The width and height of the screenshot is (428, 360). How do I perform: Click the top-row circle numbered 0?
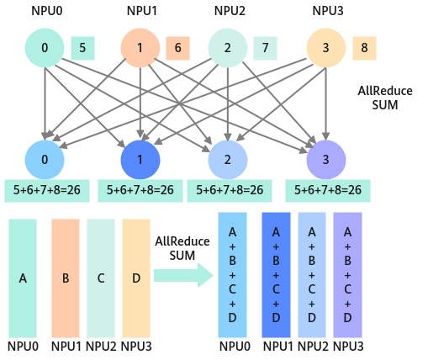45,48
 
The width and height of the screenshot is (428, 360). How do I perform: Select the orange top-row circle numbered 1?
140,48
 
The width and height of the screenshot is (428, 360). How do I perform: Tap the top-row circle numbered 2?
228,48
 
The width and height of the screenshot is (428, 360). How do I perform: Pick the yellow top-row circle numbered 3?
326,48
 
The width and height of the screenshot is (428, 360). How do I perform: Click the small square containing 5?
82,48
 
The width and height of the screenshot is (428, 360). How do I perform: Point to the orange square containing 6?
177,48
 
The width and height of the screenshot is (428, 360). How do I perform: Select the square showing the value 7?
265,48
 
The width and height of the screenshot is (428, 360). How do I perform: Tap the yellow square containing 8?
364,48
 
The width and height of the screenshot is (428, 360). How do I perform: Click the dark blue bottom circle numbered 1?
140,160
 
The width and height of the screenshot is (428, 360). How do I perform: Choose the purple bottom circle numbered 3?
326,160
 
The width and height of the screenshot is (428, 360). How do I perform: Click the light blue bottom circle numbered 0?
45,160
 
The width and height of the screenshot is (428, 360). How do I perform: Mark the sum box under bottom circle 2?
230,191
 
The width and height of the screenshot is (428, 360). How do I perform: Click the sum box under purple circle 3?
328,191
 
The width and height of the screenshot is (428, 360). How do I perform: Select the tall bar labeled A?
23,278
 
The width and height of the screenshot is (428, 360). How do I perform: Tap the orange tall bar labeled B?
66,278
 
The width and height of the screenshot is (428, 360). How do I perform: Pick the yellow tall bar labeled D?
136,278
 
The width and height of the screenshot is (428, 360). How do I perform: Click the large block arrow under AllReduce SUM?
184,275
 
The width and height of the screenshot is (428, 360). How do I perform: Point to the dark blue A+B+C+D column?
276,275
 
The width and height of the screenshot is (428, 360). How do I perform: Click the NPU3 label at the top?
328,11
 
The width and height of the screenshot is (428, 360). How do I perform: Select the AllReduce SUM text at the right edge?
385,98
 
